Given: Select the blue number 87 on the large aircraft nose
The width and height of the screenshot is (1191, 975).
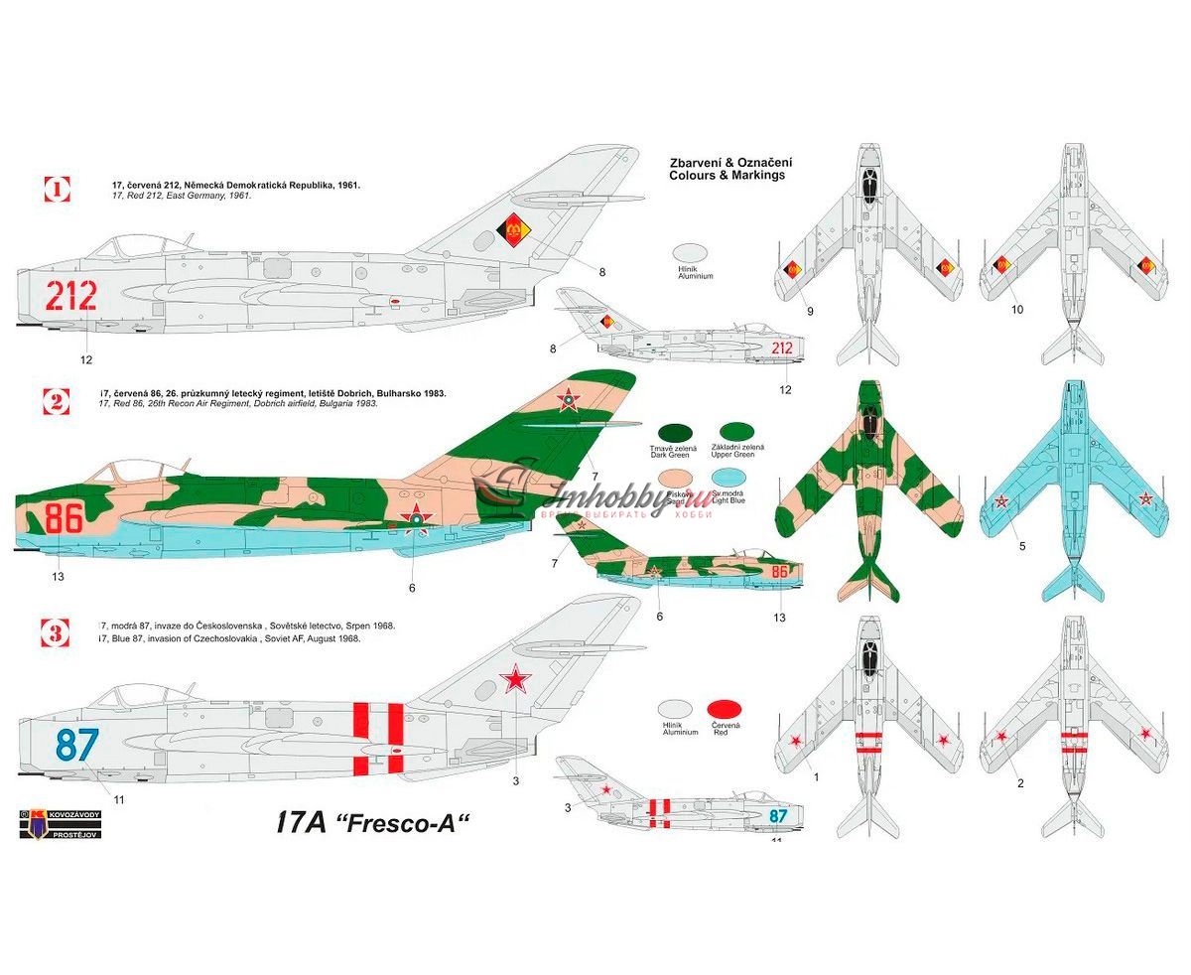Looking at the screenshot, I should pyautogui.click(x=76, y=745).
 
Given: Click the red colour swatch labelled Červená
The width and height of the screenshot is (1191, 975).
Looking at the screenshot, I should pyautogui.click(x=726, y=709).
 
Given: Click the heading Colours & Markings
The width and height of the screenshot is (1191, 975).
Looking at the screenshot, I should pyautogui.click(x=728, y=175).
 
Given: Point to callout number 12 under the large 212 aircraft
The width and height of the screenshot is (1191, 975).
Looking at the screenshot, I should pyautogui.click(x=86, y=359).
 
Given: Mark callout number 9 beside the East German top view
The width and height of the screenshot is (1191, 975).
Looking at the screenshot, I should pyautogui.click(x=810, y=311).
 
